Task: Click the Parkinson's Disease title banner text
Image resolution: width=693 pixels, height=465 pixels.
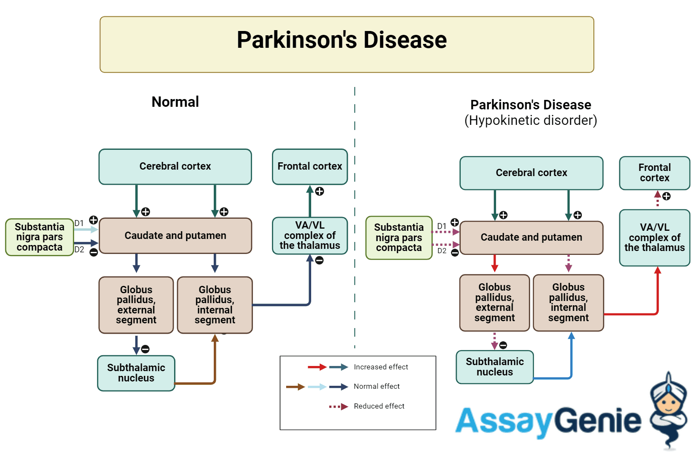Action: pyautogui.click(x=341, y=40)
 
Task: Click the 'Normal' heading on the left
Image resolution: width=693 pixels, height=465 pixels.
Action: pyautogui.click(x=175, y=102)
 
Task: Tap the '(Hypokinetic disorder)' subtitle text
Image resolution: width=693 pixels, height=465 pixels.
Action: pyautogui.click(x=531, y=121)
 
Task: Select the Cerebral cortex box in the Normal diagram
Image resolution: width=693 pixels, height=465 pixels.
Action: pyautogui.click(x=175, y=167)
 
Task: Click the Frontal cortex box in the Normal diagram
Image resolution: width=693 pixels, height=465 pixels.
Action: pyautogui.click(x=309, y=167)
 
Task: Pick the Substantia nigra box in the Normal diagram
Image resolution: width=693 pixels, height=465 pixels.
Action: pyautogui.click(x=39, y=237)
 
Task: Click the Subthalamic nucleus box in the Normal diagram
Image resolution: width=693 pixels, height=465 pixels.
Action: pyautogui.click(x=136, y=373)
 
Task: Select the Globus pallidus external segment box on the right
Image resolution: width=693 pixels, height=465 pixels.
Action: pyautogui.click(x=494, y=303)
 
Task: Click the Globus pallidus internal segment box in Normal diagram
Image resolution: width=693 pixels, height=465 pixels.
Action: pyautogui.click(x=215, y=305)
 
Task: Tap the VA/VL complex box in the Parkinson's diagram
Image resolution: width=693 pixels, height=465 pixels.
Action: pyautogui.click(x=654, y=238)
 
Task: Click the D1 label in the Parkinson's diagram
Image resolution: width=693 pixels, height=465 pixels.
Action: pyautogui.click(x=441, y=226)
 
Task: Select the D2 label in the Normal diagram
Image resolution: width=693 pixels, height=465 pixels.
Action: pyautogui.click(x=79, y=250)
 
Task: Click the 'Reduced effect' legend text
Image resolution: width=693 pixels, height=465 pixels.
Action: pyautogui.click(x=379, y=406)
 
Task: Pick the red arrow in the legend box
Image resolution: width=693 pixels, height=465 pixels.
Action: pyautogui.click(x=317, y=367)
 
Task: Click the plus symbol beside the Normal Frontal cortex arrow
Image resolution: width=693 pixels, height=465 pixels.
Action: pyautogui.click(x=319, y=191)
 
